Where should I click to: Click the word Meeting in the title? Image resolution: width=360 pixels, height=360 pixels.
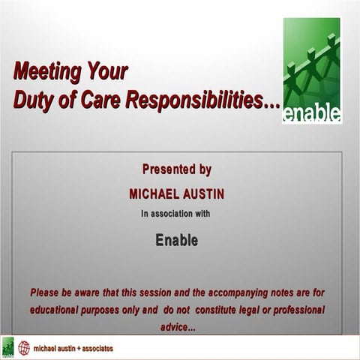[x=44, y=72]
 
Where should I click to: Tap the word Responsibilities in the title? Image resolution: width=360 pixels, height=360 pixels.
[x=205, y=100]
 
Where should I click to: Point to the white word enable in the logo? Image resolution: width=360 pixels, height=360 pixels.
[x=312, y=113]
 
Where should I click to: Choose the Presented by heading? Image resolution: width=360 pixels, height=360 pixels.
[x=177, y=169]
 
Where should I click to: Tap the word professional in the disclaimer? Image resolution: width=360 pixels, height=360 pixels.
[x=295, y=310]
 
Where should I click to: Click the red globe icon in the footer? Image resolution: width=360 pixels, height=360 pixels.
[x=24, y=348]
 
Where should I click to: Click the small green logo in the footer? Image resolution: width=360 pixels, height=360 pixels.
[x=8, y=348]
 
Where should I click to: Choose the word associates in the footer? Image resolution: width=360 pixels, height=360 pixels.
[x=102, y=349]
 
